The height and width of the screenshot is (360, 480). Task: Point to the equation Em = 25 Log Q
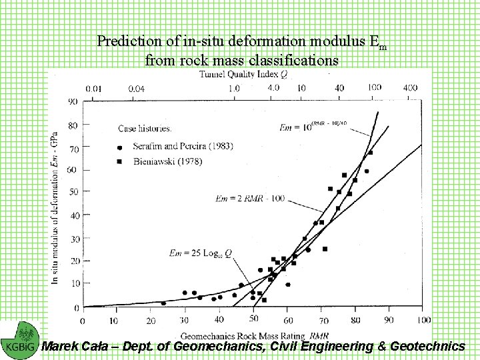200,253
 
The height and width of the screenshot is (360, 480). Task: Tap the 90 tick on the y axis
71,101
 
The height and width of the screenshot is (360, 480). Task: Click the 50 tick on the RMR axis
253,320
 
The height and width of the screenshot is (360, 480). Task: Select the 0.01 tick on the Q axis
94,88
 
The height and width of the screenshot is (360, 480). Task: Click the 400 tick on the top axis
410,87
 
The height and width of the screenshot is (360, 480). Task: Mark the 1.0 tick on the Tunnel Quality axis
234,88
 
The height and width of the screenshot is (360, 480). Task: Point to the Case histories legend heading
145,128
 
